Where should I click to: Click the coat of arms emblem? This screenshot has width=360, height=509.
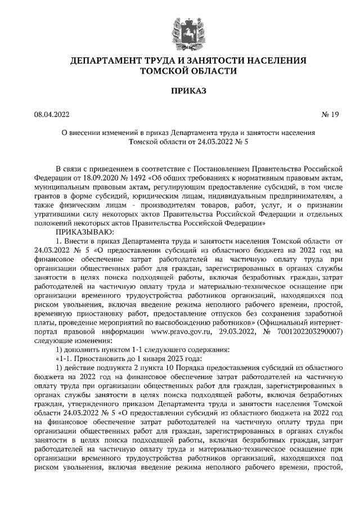[179, 29]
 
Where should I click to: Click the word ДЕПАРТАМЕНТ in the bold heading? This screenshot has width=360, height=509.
[103, 60]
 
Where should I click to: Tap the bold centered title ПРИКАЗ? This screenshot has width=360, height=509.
[180, 90]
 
